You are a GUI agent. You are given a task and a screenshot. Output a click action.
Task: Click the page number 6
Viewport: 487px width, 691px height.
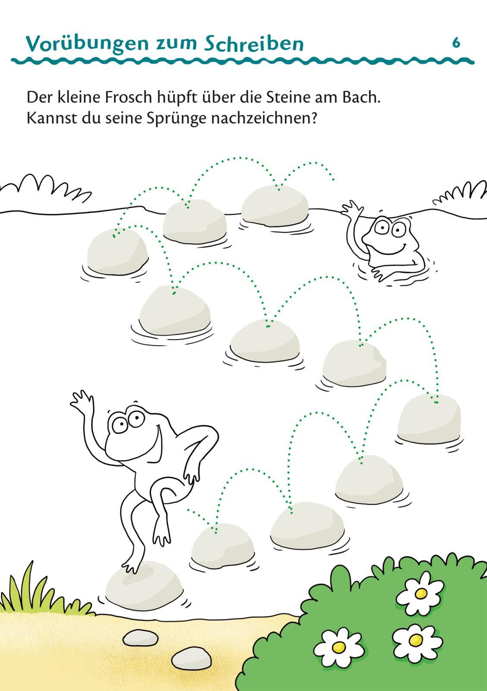click(456, 43)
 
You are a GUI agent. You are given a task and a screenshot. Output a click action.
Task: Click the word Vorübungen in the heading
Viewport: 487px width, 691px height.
click(87, 44)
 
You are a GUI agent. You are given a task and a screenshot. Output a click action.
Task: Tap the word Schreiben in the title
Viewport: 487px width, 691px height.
click(253, 44)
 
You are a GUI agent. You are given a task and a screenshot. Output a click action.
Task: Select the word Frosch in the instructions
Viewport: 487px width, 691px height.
click(128, 98)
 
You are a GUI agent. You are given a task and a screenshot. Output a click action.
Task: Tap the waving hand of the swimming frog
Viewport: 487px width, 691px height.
click(352, 207)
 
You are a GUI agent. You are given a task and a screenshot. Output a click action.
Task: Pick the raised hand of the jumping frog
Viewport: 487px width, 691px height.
click(82, 399)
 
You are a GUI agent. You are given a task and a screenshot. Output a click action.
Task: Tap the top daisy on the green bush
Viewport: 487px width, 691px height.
click(420, 593)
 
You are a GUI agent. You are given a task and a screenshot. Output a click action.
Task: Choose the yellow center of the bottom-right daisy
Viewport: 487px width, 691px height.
click(416, 640)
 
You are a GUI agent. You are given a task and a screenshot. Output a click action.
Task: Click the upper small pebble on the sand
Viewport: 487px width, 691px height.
click(141, 637)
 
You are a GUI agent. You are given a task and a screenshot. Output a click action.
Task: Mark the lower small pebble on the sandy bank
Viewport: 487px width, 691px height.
click(192, 658)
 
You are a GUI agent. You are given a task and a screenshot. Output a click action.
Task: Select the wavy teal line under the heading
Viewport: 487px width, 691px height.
click(243, 61)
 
